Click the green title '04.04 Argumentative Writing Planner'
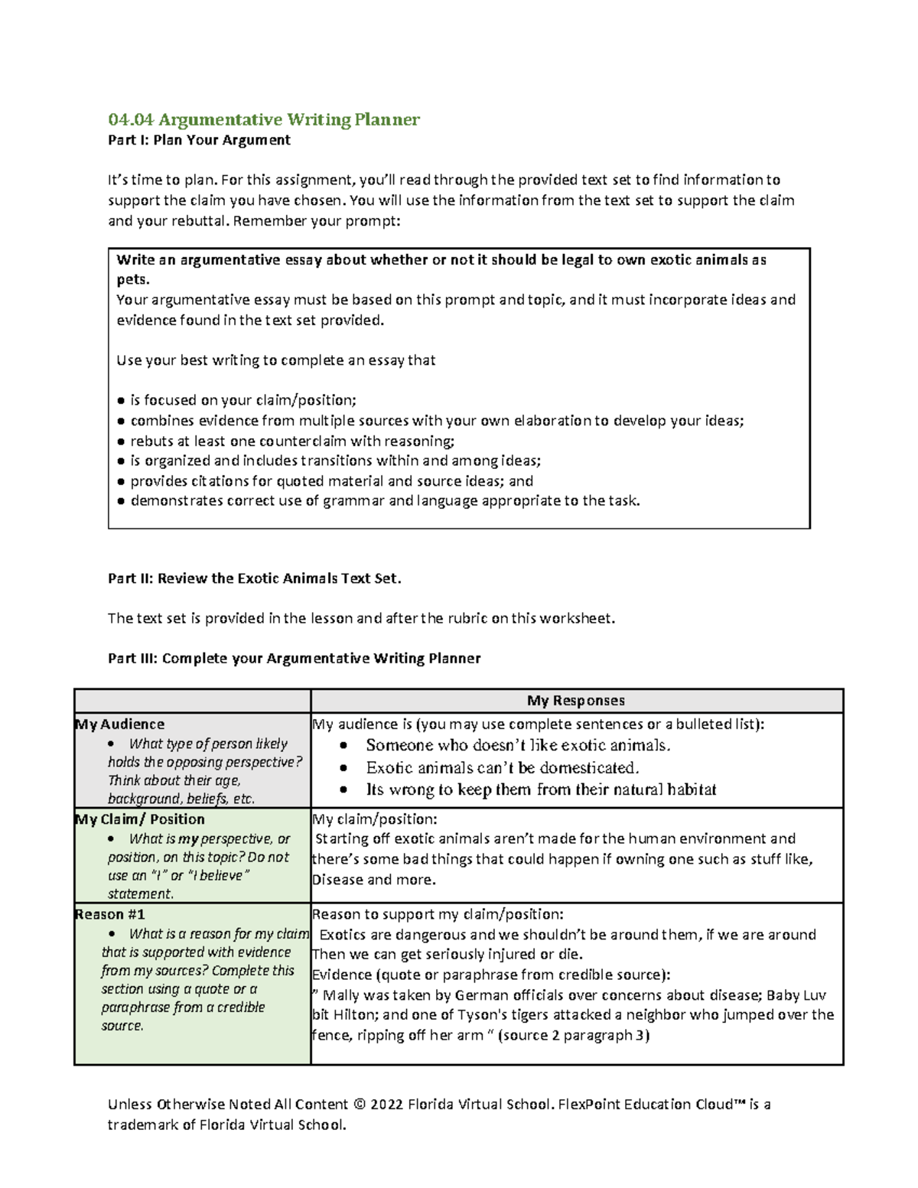(x=264, y=119)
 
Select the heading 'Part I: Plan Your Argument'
(x=199, y=140)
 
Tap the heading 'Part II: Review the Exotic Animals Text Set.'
(x=254, y=578)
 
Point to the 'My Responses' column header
(x=575, y=701)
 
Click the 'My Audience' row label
(x=119, y=724)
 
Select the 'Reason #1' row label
(x=109, y=914)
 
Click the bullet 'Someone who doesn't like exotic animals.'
(x=518, y=745)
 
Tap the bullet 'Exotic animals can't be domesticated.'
(x=502, y=767)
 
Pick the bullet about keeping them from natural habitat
(x=541, y=789)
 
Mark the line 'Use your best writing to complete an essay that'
(x=275, y=360)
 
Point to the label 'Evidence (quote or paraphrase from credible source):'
(x=491, y=975)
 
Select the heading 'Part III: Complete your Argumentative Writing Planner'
(x=294, y=659)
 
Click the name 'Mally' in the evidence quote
(x=342, y=995)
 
